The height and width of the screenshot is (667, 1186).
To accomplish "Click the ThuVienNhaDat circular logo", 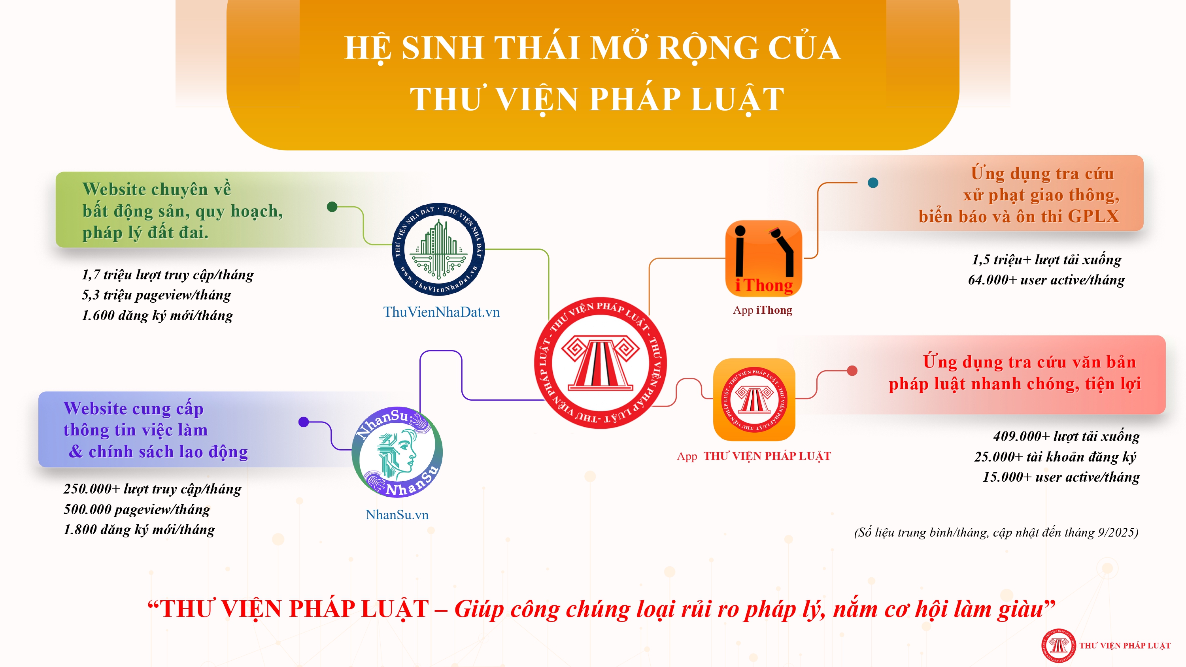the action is point(438,249).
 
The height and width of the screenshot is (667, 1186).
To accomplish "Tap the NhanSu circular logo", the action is point(397,452).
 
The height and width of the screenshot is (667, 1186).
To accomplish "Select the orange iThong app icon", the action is point(763,258).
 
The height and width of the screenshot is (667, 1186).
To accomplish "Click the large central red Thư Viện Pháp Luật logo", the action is point(601,363).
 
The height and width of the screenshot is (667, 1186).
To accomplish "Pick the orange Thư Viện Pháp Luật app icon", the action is point(754,399).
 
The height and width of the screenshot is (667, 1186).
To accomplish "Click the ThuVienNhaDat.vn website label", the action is point(442,312).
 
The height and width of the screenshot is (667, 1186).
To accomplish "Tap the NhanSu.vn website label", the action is point(397,514).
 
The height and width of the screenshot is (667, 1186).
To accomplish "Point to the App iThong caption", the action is point(763,310).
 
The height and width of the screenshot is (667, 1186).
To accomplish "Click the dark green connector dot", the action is point(332,207).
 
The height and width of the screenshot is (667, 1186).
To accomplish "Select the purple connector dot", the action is point(303,422).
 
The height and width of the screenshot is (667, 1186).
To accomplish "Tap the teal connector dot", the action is point(873,183).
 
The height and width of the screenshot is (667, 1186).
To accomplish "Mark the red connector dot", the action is point(852,371).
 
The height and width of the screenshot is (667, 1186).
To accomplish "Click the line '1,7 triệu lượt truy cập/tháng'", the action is point(168,275).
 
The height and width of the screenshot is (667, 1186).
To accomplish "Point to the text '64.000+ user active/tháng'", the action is point(1046,280).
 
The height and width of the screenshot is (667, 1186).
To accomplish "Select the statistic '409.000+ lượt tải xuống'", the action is point(1066,436).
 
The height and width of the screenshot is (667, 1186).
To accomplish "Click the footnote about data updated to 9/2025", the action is point(996,533).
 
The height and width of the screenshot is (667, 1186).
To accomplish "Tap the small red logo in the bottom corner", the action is point(1058,645).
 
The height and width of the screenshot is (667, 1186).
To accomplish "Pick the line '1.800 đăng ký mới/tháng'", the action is point(139,530).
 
